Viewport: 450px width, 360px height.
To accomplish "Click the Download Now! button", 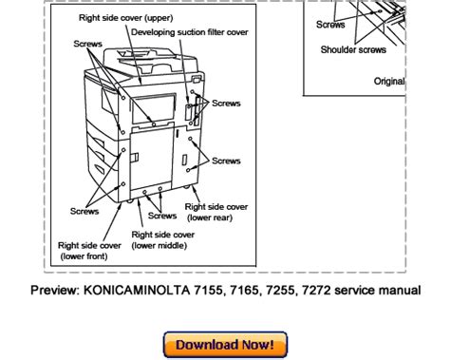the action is [x=225, y=345].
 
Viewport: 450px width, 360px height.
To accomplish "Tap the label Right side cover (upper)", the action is [x=126, y=18].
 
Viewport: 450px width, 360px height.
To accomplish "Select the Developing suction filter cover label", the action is [x=190, y=32].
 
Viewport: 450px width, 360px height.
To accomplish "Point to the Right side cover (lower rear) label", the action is [x=216, y=212].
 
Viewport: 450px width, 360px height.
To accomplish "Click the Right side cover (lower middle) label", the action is [x=163, y=240].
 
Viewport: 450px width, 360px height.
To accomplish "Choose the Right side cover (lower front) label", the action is [x=89, y=251].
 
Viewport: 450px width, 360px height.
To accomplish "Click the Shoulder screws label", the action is [x=353, y=49].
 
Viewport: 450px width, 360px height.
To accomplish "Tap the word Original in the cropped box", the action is [x=389, y=82].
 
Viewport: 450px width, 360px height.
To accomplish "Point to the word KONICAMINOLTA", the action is [x=137, y=291].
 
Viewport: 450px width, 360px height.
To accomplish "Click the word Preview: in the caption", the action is [x=55, y=291].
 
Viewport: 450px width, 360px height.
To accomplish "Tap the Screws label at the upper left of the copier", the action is [x=87, y=44].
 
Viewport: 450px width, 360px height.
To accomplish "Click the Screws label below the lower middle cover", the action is [x=162, y=216].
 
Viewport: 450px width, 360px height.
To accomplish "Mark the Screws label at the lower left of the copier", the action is [x=84, y=211].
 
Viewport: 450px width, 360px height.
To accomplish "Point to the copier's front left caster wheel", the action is [x=129, y=201].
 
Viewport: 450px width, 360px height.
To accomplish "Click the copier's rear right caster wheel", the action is [x=186, y=186].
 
